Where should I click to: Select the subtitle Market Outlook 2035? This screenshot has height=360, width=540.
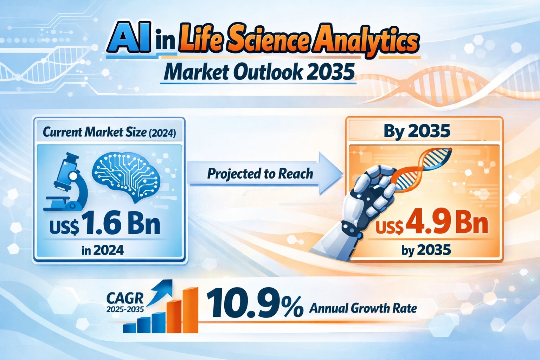258,72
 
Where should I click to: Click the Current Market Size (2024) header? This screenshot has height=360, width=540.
109,133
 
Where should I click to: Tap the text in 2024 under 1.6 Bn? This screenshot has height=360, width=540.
102,250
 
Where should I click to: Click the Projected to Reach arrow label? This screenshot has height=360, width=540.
260,174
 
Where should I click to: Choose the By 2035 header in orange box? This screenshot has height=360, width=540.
417,131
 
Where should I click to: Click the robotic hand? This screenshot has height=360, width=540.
366,204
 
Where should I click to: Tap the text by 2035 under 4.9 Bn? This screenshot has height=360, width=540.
426,250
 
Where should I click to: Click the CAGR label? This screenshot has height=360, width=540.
125,298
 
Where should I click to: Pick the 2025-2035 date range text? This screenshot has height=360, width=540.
125,310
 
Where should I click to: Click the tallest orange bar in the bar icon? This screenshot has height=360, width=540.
190,309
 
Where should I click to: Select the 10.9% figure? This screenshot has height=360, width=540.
255,303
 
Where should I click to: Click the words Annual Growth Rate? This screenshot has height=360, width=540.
363,309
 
